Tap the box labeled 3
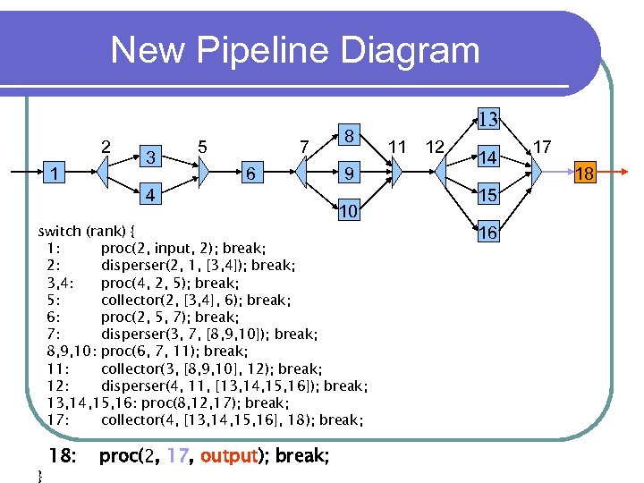click(x=153, y=156)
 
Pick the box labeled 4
click(x=153, y=194)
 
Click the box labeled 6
click(x=253, y=173)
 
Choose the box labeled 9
click(x=351, y=173)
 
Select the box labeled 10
click(x=351, y=211)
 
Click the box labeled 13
click(x=487, y=119)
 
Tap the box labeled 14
click(x=487, y=157)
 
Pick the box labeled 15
click(x=487, y=195)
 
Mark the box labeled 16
click(x=487, y=233)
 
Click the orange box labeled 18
click(x=585, y=173)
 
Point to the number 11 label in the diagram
click(x=397, y=145)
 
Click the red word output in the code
click(x=228, y=456)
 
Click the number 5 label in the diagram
click(x=203, y=145)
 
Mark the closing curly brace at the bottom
click(x=38, y=475)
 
